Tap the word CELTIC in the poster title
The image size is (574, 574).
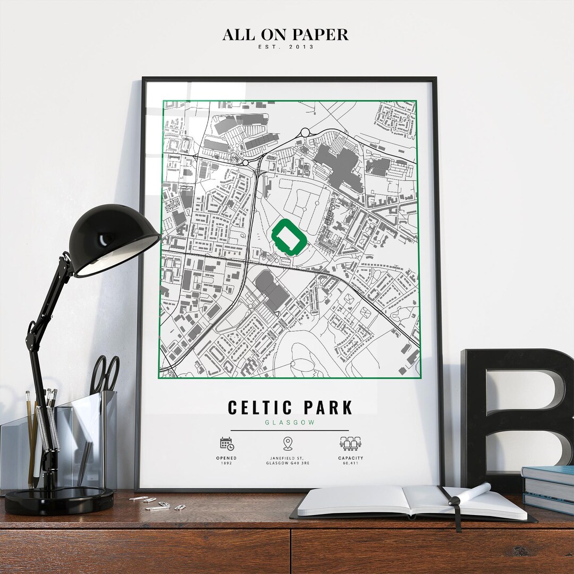[x=260, y=408]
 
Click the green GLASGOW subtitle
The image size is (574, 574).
[x=290, y=423]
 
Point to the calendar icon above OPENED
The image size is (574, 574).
[x=227, y=443]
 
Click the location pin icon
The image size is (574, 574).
[x=288, y=443]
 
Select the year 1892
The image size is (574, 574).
[x=226, y=463]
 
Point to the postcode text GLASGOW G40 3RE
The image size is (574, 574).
[x=288, y=463]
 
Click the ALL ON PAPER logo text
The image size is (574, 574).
[x=285, y=35]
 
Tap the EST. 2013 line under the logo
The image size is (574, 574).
[x=285, y=47]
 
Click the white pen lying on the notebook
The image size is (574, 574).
[x=470, y=494]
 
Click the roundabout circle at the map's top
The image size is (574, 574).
[x=305, y=132]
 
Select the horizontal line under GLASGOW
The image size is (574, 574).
[x=290, y=430]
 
